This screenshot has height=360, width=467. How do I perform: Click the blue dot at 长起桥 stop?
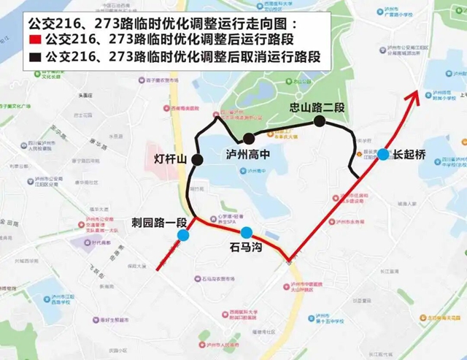[x=383, y=154]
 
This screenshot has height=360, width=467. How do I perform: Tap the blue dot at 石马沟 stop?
[x=247, y=233]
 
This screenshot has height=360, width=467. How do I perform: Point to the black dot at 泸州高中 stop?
[x=249, y=139]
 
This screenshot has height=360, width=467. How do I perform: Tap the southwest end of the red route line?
[x=158, y=270]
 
